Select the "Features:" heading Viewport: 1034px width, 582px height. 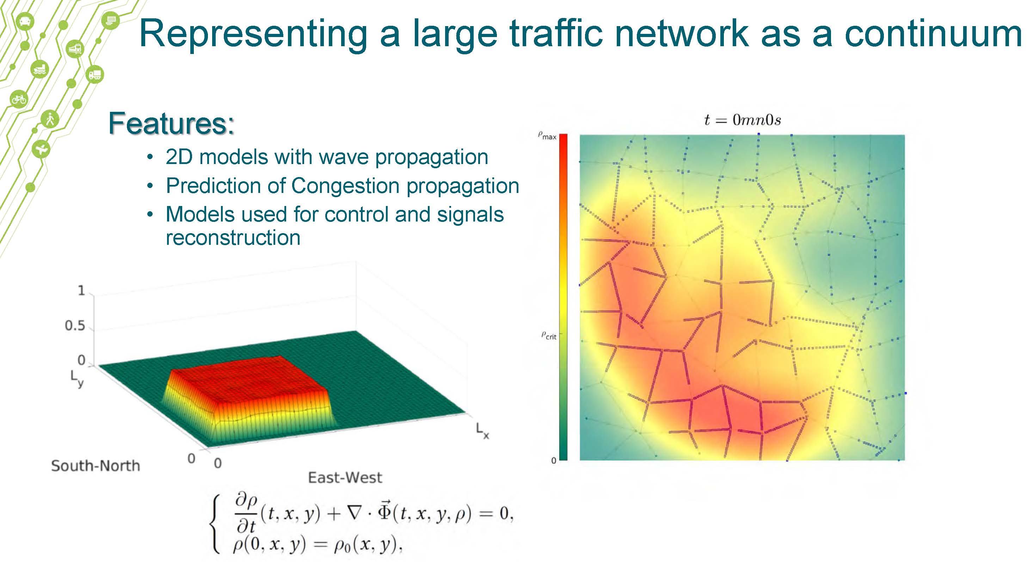tap(171, 123)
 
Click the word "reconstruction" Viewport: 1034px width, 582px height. tap(233, 238)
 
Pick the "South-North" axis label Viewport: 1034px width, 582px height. tap(96, 466)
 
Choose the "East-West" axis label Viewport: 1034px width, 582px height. tap(345, 477)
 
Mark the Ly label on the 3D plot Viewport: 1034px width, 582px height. tap(77, 379)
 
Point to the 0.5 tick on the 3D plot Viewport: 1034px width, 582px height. tap(75, 325)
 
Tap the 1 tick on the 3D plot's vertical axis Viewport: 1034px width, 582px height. tap(81, 290)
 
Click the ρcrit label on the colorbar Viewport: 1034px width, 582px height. tap(549, 335)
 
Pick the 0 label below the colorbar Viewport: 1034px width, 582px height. tap(554, 461)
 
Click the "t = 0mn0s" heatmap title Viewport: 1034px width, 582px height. tap(743, 120)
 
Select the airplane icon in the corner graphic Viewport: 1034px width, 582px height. tap(41, 150)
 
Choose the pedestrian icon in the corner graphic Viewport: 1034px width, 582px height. tap(50, 119)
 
